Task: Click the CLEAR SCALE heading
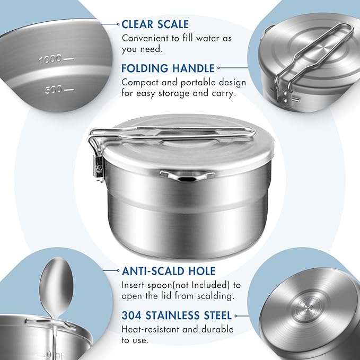pyautogui.click(x=155, y=24)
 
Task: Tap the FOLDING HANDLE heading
pyautogui.click(x=168, y=68)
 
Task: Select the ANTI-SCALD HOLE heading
pyautogui.click(x=169, y=271)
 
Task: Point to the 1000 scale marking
pyautogui.click(x=50, y=59)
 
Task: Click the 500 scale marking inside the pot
pyautogui.click(x=53, y=90)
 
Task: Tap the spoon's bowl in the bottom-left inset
pyautogui.click(x=56, y=287)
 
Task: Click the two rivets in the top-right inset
pyautogui.click(x=285, y=97)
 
